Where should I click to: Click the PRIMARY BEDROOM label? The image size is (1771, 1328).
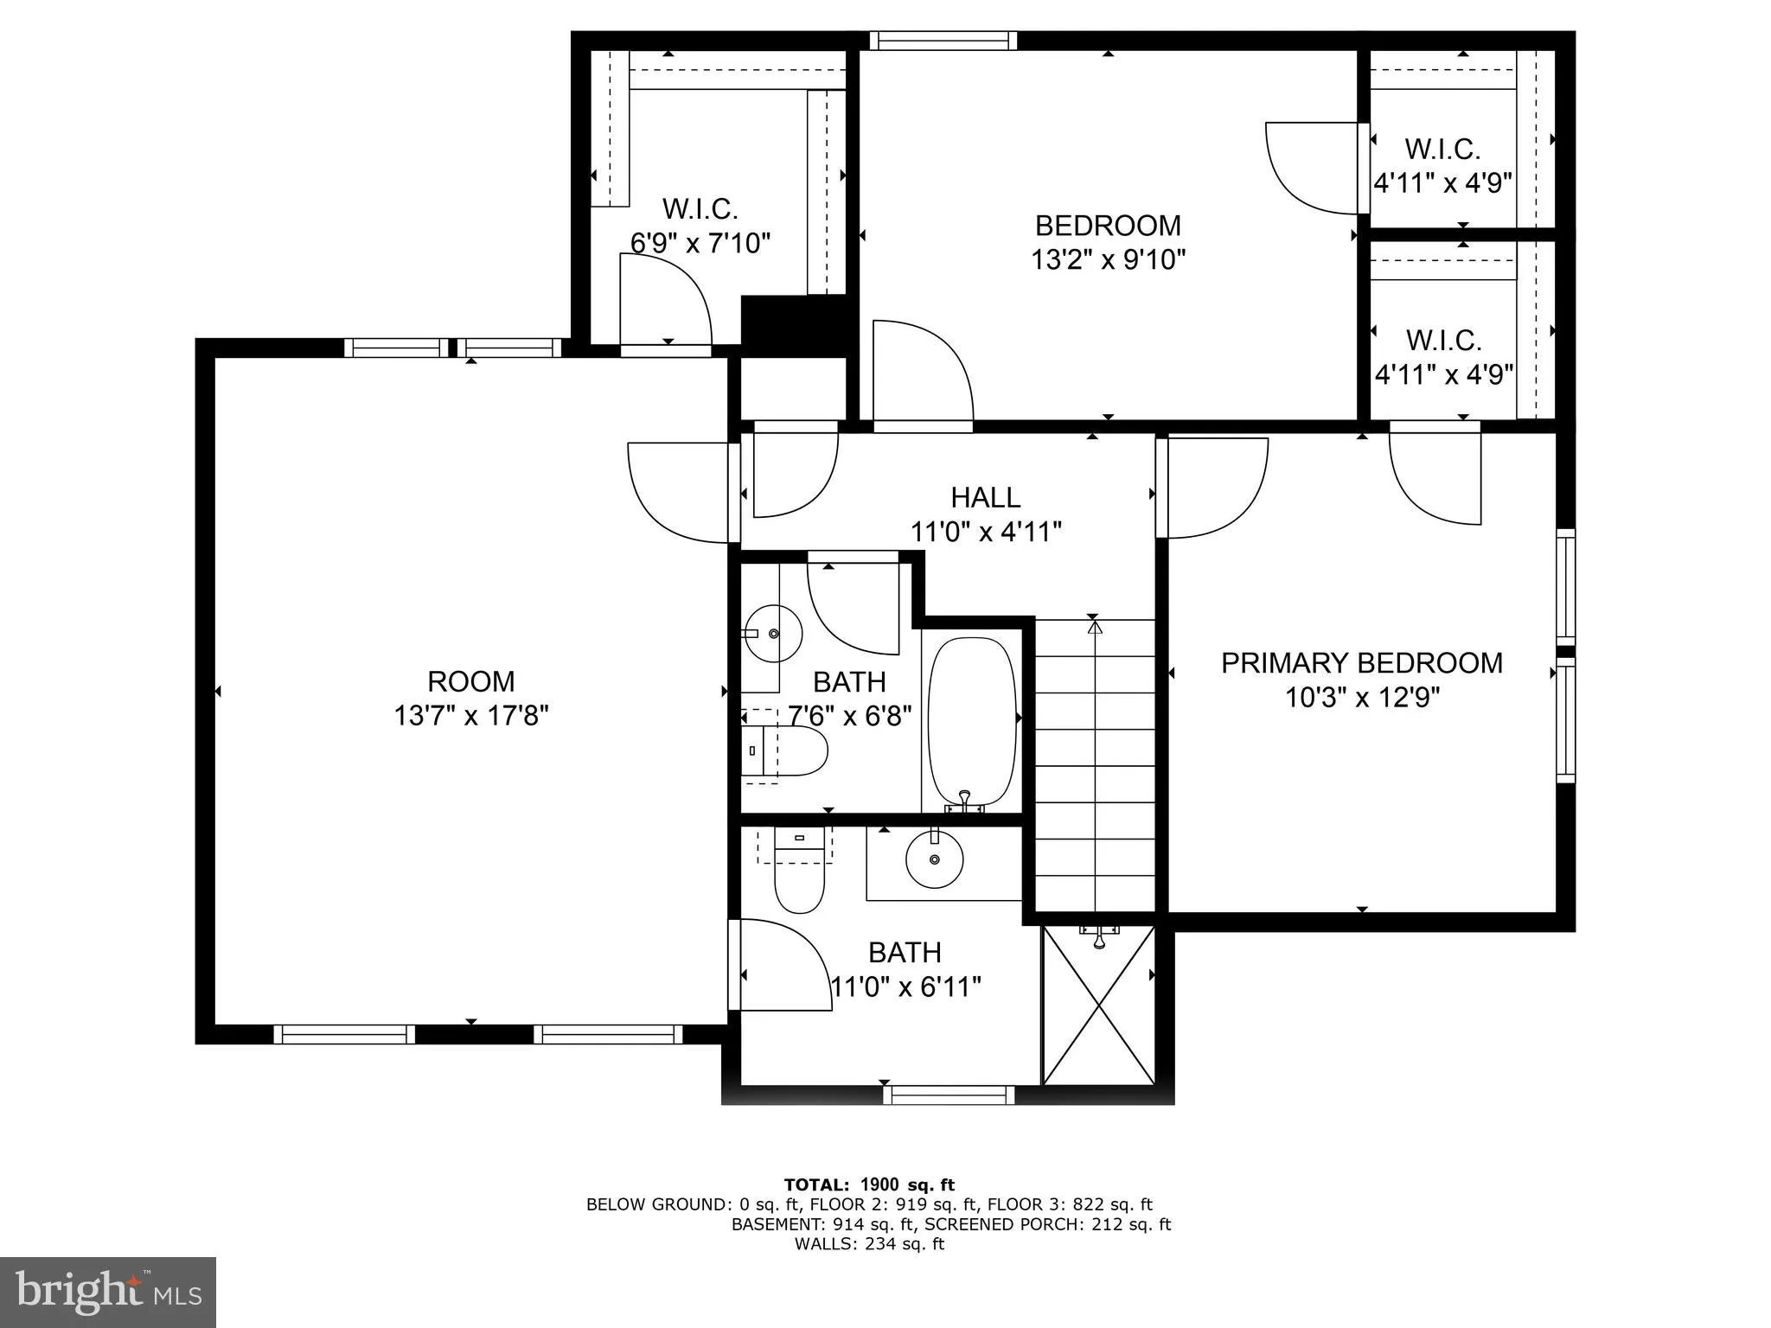[1361, 663]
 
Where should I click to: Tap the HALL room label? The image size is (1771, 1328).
[986, 497]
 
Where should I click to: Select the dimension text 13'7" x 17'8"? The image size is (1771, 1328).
[471, 716]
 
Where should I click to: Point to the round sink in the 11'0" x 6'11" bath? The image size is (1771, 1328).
[934, 859]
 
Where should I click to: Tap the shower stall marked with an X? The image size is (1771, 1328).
[1098, 1007]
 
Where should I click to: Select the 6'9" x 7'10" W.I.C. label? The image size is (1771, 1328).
[700, 227]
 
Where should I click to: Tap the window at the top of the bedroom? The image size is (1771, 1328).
[943, 41]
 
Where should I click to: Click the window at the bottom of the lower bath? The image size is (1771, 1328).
[949, 1095]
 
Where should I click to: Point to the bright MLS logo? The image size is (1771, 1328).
[108, 1292]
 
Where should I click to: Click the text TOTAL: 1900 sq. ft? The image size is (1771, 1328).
[869, 1185]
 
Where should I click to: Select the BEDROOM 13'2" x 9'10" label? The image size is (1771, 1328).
[1108, 242]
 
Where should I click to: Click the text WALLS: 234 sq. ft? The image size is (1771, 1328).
[869, 1244]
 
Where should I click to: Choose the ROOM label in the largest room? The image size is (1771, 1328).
[471, 681]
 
